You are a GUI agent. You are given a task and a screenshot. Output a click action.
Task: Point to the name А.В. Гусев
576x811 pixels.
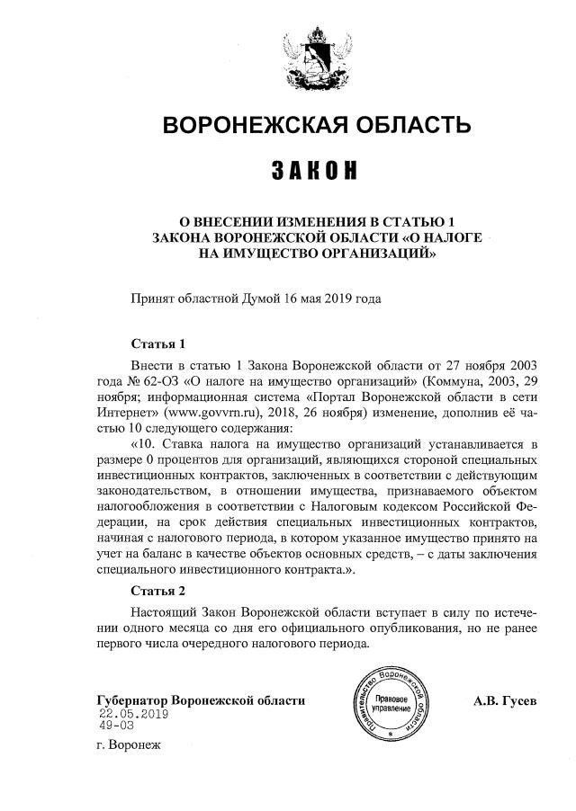tap(505, 700)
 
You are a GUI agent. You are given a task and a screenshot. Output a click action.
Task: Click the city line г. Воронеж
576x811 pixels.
tap(126, 746)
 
